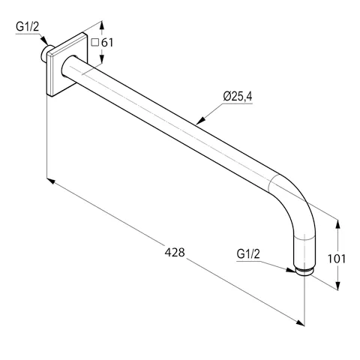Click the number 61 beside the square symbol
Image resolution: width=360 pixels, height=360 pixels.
(106, 43)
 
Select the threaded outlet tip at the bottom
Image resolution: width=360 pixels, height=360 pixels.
(305, 270)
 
